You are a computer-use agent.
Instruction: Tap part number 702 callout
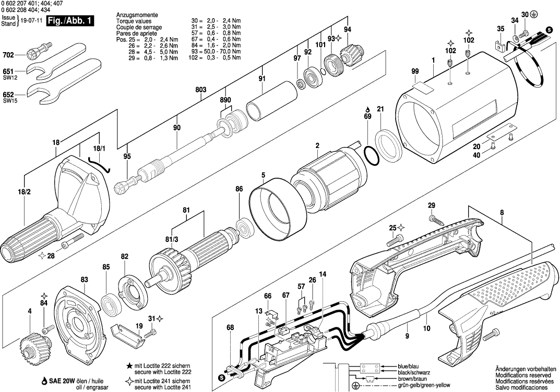click(x=8, y=54)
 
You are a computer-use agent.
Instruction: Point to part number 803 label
click(x=201, y=90)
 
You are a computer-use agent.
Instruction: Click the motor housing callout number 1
click(x=433, y=61)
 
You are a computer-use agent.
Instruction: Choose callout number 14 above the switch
click(x=323, y=274)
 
